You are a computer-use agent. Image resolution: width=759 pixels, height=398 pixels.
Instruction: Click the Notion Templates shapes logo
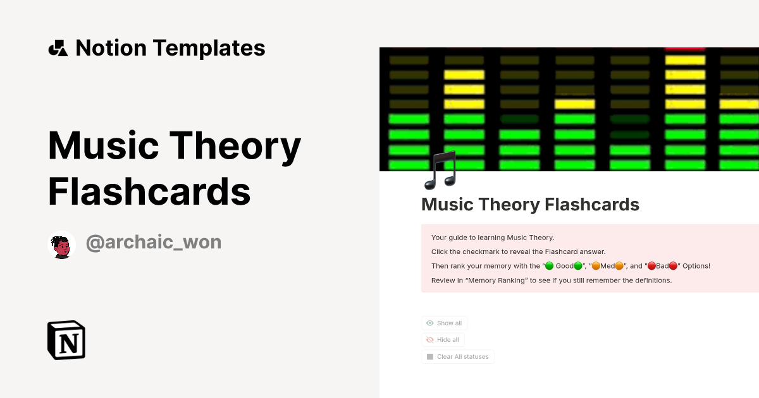pyautogui.click(x=58, y=48)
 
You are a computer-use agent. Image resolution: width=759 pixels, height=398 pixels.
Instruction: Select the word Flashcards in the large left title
pyautogui.click(x=149, y=191)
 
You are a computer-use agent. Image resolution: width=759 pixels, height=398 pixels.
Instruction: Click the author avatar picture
pyautogui.click(x=61, y=244)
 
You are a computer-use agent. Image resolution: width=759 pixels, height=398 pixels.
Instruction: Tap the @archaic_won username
pyautogui.click(x=154, y=242)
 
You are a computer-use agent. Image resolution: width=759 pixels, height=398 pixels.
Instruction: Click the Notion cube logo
pyautogui.click(x=66, y=340)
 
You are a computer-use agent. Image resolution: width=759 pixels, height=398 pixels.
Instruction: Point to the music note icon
pyautogui.click(x=441, y=170)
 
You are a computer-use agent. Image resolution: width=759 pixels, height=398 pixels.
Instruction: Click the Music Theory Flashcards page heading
pyautogui.click(x=530, y=205)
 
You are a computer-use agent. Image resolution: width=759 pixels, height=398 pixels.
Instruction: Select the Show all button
pyautogui.click(x=444, y=323)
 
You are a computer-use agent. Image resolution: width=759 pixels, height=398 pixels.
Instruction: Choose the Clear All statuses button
pyautogui.click(x=457, y=357)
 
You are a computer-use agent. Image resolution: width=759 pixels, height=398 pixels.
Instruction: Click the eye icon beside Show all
pyautogui.click(x=430, y=323)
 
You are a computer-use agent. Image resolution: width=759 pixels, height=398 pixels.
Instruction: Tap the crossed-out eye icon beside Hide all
pyautogui.click(x=430, y=340)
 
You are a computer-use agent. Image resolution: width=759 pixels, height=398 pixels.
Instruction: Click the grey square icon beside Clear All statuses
pyautogui.click(x=430, y=357)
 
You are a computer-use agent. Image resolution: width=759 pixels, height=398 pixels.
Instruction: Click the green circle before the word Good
pyautogui.click(x=549, y=266)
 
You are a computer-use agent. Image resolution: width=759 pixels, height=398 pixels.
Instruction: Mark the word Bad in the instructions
pyautogui.click(x=662, y=266)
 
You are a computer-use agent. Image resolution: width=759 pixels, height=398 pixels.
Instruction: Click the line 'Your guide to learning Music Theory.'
pyautogui.click(x=493, y=238)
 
